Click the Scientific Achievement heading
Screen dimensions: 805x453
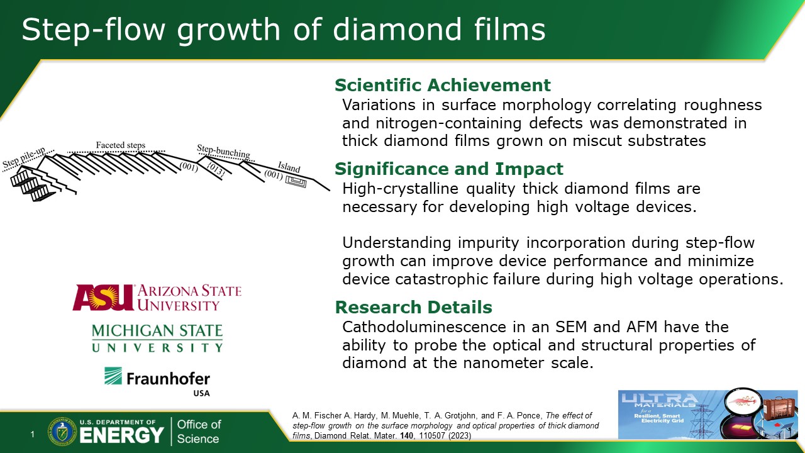coord(442,85)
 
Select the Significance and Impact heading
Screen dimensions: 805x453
coord(449,169)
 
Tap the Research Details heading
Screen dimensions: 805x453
coord(414,307)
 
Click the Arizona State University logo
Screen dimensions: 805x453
coord(157,298)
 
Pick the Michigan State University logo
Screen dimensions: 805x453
coord(157,338)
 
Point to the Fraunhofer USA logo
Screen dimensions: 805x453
coord(157,381)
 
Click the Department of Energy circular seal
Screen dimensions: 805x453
coord(62,432)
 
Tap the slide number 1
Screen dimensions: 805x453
coord(33,434)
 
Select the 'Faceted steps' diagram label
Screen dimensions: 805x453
coord(120,145)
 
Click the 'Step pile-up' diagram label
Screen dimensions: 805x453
coord(24,157)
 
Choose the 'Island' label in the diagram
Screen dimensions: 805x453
coord(289,167)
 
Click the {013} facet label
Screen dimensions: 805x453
coord(216,169)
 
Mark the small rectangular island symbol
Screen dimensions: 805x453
coord(296,182)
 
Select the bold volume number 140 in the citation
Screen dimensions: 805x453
coord(406,436)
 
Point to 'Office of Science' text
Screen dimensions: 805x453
coord(199,432)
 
